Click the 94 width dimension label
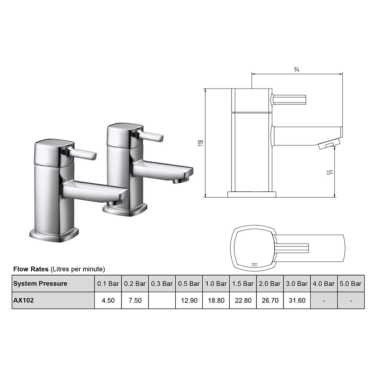point(296,70)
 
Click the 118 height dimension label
point(201,142)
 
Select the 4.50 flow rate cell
point(108,300)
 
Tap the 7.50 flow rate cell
point(135,300)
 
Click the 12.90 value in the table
point(189,300)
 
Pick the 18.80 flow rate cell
point(216,300)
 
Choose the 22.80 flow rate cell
point(243,300)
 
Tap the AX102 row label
point(24,300)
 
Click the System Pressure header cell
point(40,283)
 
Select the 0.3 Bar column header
point(162,283)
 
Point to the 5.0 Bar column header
point(351,283)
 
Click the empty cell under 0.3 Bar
point(162,300)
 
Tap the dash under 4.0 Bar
point(324,300)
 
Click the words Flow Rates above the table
point(31,269)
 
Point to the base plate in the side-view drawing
point(251,194)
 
